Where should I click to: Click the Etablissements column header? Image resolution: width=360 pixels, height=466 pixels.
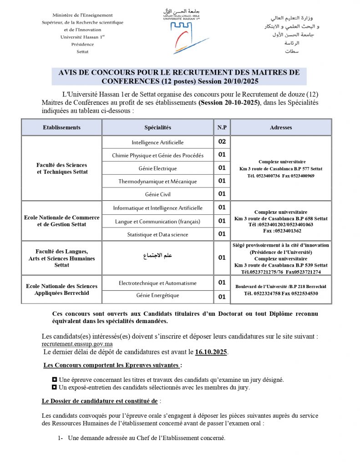pyautogui.click(x=61, y=127)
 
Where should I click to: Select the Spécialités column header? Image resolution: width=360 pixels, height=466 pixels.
pyautogui.click(x=157, y=127)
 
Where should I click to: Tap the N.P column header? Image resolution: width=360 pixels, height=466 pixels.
pyautogui.click(x=222, y=127)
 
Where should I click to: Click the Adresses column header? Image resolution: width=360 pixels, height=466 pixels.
pyautogui.click(x=281, y=127)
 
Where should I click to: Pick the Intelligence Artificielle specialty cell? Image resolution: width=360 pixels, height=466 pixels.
pyautogui.click(x=157, y=142)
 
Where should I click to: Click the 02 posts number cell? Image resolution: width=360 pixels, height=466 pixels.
pyautogui.click(x=222, y=142)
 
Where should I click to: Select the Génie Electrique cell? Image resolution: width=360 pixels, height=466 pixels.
pyautogui.click(x=157, y=168)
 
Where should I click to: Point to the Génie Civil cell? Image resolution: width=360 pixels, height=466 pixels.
pyautogui.click(x=157, y=194)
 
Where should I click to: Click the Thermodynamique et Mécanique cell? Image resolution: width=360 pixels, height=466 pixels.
pyautogui.click(x=157, y=182)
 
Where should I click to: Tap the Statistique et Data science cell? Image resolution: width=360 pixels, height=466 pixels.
pyautogui.click(x=157, y=234)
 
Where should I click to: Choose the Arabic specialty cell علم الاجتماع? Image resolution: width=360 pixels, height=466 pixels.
pyautogui.click(x=157, y=256)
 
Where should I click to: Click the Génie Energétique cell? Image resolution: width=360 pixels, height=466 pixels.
pyautogui.click(x=157, y=296)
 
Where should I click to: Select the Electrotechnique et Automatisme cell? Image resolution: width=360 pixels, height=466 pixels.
pyautogui.click(x=157, y=283)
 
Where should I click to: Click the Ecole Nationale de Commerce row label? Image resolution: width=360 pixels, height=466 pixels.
pyautogui.click(x=61, y=221)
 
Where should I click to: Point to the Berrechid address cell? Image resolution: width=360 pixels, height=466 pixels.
pyautogui.click(x=281, y=290)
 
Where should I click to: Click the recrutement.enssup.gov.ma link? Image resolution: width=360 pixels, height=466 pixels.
pyautogui.click(x=74, y=344)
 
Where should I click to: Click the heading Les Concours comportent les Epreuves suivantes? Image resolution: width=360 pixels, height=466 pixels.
pyautogui.click(x=112, y=365)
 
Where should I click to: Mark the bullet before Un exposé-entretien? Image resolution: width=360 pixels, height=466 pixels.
pyautogui.click(x=55, y=388)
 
